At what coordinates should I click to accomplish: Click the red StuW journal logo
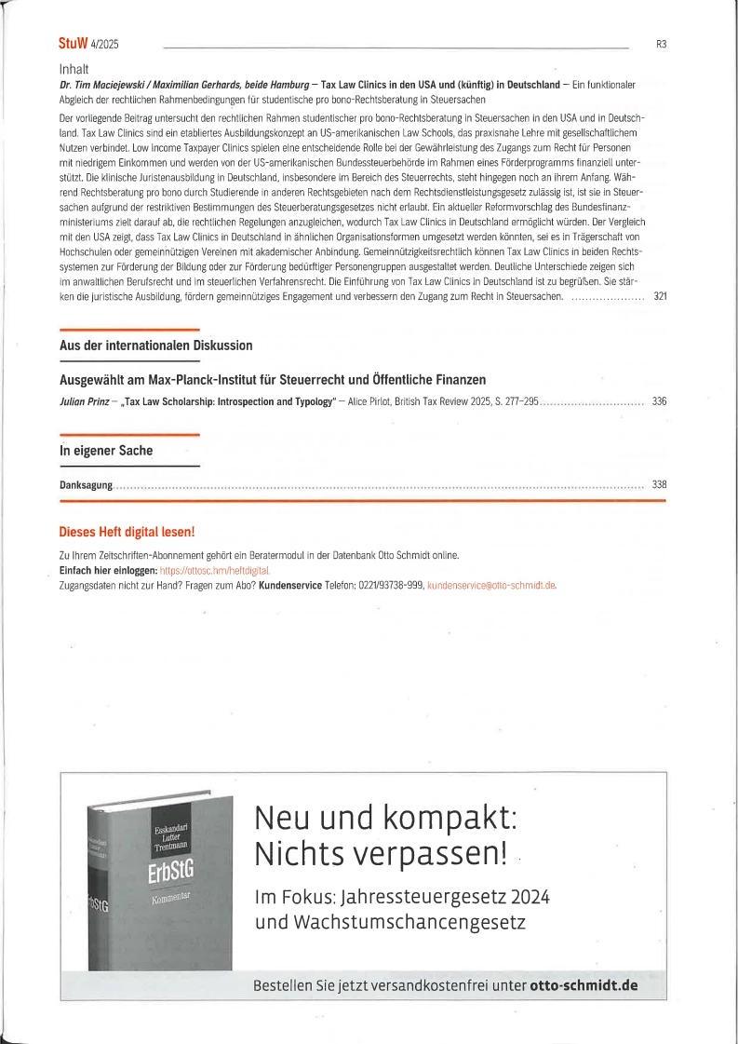[x=74, y=44]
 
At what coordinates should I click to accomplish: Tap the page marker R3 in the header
[x=661, y=44]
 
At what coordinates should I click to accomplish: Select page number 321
[x=660, y=297]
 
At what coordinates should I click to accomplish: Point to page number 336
[x=660, y=401]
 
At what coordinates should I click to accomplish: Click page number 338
[x=660, y=484]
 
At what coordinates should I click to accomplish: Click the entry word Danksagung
[x=86, y=484]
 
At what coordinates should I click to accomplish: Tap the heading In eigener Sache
[x=106, y=451]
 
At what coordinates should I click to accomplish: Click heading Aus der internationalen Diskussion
[x=155, y=346]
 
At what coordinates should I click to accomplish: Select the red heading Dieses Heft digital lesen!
[x=127, y=533]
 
